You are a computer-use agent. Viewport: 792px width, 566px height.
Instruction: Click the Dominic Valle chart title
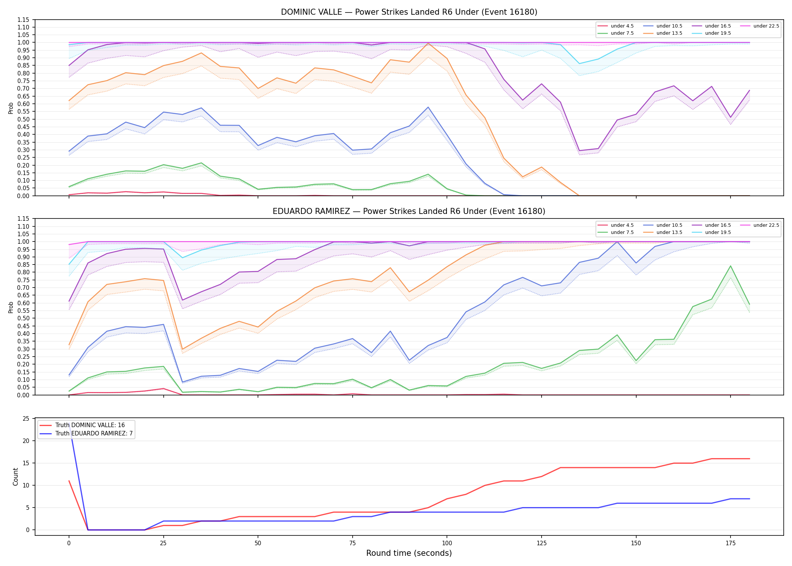point(409,12)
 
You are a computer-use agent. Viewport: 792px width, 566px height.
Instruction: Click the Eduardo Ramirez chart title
point(409,211)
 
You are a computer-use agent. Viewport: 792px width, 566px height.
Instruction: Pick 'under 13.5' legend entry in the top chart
point(663,33)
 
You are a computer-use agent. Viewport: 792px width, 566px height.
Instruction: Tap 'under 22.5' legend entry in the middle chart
point(760,225)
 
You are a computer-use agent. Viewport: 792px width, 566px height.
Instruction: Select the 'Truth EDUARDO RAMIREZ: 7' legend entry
point(86,434)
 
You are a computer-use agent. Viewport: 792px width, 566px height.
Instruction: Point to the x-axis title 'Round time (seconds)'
point(409,553)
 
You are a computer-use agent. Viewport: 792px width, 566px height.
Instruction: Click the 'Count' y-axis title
point(15,477)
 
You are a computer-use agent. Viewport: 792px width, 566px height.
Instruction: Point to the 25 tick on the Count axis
point(26,418)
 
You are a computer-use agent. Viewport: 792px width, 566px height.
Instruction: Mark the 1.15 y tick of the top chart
point(23,20)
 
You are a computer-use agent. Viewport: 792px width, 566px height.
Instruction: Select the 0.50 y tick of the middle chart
point(23,318)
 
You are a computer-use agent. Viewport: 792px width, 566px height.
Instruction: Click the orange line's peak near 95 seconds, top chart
point(428,43)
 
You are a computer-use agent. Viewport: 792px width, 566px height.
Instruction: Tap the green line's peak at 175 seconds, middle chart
point(731,266)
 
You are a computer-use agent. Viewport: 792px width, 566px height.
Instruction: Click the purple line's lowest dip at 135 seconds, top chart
point(579,151)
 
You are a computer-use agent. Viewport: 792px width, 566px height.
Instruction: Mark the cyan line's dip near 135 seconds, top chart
point(579,63)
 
